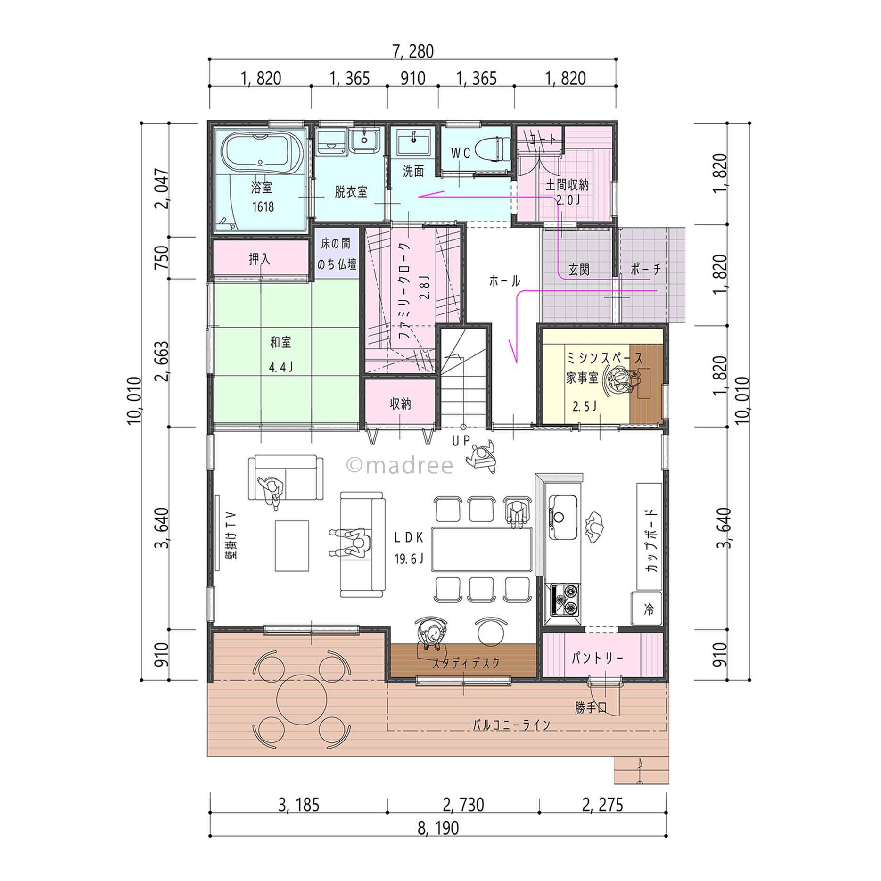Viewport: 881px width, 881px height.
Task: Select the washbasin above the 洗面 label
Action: (x=413, y=141)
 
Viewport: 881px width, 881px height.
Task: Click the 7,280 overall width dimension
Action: (x=413, y=51)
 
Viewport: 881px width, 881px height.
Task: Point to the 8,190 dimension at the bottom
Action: (x=438, y=828)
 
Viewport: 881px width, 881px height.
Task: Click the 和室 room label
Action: (x=280, y=342)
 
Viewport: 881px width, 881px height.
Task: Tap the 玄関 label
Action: (x=579, y=270)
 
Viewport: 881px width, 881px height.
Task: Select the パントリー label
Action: (x=597, y=658)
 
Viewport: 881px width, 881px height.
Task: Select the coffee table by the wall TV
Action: (x=292, y=545)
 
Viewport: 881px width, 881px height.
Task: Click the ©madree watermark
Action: (x=400, y=465)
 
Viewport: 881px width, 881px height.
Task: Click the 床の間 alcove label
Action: (x=336, y=243)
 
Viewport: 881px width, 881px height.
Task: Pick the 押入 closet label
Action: (x=259, y=258)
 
